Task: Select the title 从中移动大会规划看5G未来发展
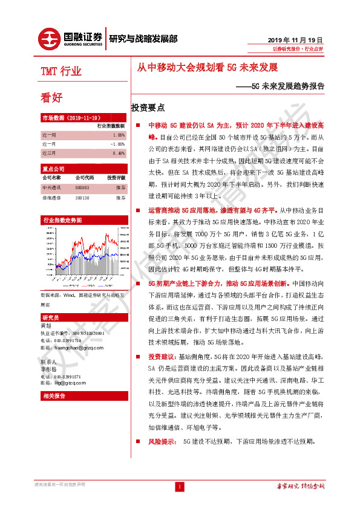tap(206, 68)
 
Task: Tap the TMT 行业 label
tap(61, 72)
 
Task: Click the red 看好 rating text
tap(51, 97)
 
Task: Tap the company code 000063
tap(82, 188)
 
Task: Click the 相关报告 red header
tap(55, 395)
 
